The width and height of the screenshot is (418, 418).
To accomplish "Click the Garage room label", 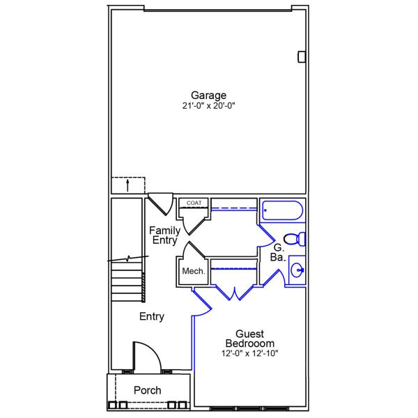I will click(x=209, y=95).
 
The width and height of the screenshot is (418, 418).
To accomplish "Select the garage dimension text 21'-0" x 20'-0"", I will click(x=209, y=107).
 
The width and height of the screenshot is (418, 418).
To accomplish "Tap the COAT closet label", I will click(x=194, y=203).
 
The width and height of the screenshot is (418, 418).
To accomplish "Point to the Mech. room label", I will click(x=193, y=271).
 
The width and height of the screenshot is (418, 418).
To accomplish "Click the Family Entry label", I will click(x=165, y=235).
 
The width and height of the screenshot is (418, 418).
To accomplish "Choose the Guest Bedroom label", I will click(x=249, y=339).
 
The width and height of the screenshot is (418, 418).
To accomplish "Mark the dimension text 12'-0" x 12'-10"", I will click(x=249, y=354).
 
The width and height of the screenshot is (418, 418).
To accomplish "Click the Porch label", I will click(x=148, y=391).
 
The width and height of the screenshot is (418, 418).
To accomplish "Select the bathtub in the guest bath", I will click(x=281, y=211).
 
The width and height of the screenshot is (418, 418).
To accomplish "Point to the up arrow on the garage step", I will click(x=127, y=185).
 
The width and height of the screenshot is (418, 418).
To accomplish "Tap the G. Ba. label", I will click(x=277, y=252).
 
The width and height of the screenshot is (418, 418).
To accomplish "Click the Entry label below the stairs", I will click(x=151, y=317).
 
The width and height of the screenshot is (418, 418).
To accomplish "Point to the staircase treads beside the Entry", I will click(x=127, y=279).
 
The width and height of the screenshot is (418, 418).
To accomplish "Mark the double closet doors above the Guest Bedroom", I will click(x=235, y=292).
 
